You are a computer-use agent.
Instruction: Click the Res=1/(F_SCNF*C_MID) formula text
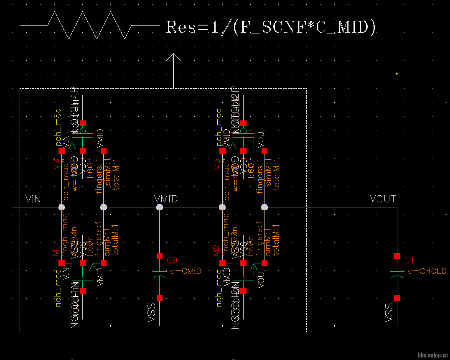[x=271, y=27]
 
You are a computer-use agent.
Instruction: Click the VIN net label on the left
[x=33, y=199]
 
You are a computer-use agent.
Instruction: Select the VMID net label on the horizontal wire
[x=166, y=199]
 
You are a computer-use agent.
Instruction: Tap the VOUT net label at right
[x=383, y=199]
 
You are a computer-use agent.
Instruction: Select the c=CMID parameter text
[x=186, y=271]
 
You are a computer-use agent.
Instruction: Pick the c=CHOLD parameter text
[x=427, y=271]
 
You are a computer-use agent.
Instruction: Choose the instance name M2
[x=216, y=251]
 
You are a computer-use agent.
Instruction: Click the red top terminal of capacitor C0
[x=160, y=256]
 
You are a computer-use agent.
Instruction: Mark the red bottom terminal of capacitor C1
[x=397, y=298]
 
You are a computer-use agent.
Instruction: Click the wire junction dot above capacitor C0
[x=159, y=207]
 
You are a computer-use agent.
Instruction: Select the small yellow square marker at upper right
[x=397, y=74]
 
